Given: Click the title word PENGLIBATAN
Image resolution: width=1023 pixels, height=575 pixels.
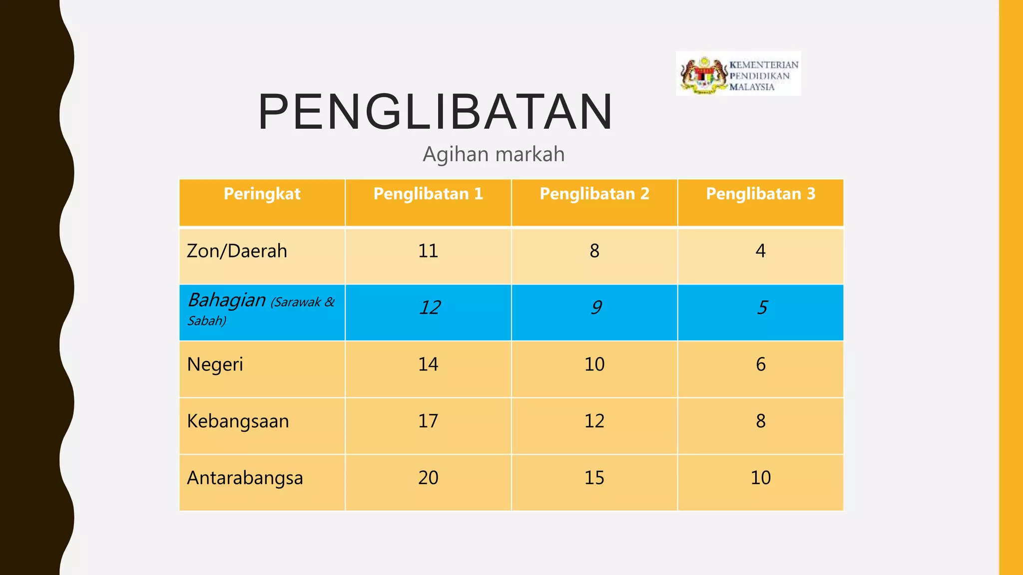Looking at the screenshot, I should tap(435, 112).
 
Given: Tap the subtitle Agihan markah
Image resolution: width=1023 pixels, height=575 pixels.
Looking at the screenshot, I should tap(494, 154).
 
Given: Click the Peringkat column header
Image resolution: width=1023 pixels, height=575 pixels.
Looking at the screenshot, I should tap(262, 194).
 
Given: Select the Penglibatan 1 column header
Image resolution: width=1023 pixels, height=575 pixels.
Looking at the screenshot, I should tap(428, 194).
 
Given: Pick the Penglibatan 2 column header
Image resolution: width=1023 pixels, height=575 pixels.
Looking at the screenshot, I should tap(594, 194).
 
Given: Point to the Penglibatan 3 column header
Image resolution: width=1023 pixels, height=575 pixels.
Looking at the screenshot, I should tap(760, 194).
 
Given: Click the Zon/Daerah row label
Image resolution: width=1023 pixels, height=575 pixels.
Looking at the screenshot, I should tap(237, 251).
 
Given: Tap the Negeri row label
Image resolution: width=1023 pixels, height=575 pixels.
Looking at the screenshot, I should tap(215, 365).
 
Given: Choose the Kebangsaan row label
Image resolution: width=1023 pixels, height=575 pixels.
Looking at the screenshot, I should tap(238, 421).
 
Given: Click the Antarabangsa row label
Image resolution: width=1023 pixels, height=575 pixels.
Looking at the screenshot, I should tap(245, 478).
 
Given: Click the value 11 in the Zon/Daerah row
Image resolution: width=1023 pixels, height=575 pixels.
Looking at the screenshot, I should tap(428, 251).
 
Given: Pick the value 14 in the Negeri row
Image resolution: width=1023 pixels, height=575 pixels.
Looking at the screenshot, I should tap(428, 364).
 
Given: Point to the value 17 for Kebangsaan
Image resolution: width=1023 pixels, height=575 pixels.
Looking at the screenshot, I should tap(428, 421).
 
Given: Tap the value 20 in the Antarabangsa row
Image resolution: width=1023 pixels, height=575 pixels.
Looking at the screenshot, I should tap(428, 478).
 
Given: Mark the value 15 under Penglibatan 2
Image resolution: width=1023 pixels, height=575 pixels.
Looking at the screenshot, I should tap(594, 478).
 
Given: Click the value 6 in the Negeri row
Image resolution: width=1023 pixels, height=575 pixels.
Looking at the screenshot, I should tap(760, 364).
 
